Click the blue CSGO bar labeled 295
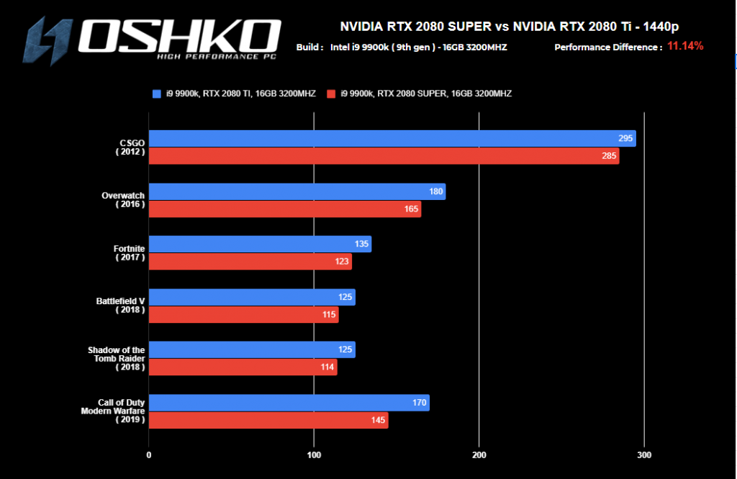pos(392,139)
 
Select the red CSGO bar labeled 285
pos(384,156)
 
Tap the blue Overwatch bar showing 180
pos(297,191)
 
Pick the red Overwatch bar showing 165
pos(284,209)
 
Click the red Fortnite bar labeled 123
pos(250,262)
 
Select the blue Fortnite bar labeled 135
pos(260,245)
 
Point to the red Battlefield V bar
pos(243,315)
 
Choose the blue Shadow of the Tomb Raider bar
pos(252,350)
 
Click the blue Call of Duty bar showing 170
pos(289,403)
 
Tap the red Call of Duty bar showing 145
pos(268,421)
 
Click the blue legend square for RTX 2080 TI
pos(156,93)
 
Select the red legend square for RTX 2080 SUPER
pos(331,93)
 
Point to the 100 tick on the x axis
pos(314,455)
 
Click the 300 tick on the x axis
pos(644,455)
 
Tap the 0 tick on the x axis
pos(149,455)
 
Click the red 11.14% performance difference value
pos(685,46)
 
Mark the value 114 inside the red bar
pos(326,368)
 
